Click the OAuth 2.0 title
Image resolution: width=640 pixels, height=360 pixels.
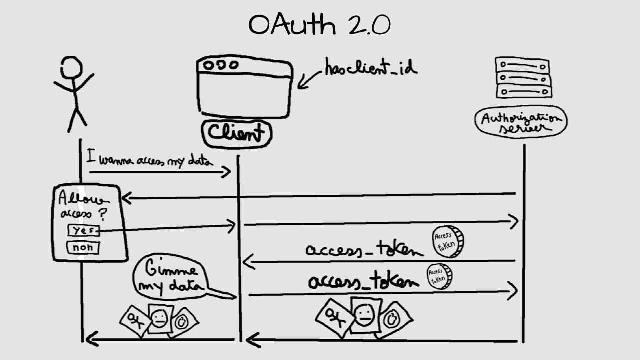point(319,25)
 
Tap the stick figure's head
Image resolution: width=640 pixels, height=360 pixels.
point(71,67)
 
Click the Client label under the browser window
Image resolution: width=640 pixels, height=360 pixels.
point(236,133)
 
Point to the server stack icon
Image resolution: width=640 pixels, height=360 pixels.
point(523,77)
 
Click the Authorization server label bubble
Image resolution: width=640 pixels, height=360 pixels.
point(521,121)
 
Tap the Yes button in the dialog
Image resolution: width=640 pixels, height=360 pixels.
point(83,230)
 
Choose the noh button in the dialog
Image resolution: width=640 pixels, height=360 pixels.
point(83,248)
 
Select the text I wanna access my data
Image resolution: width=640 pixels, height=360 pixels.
point(150,159)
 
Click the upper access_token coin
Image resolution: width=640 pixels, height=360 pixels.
point(448,241)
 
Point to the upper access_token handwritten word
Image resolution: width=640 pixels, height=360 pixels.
point(364,249)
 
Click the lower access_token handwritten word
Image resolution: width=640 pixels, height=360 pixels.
point(363,282)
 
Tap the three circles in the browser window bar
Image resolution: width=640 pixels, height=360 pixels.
point(220,65)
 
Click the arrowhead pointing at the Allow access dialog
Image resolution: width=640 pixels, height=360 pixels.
point(126,198)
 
